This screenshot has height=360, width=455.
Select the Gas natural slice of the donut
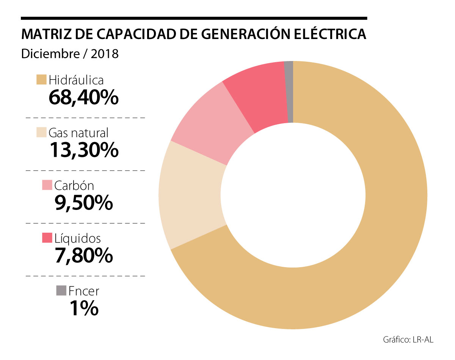191,195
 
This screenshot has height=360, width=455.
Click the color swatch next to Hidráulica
41,80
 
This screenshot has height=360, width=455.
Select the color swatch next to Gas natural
41,133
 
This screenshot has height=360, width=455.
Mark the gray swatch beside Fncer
61,291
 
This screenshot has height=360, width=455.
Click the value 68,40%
83,98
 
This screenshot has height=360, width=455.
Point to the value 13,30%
83,150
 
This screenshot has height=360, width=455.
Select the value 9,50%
83,203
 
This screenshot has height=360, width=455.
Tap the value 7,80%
83,256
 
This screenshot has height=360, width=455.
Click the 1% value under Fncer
83,308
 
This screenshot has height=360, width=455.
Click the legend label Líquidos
77,238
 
